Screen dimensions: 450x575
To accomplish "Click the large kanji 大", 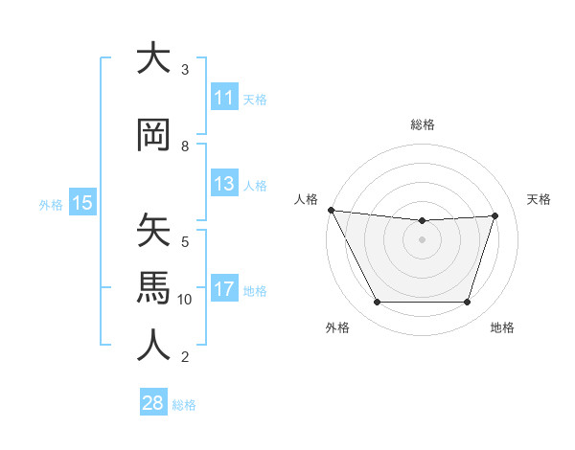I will tap(154, 58).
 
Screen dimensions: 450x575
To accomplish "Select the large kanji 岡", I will tap(154, 135).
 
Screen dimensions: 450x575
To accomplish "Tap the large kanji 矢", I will tap(154, 231).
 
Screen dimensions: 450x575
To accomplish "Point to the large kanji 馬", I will tap(154, 288).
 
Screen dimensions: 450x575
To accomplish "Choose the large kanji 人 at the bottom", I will tap(154, 346).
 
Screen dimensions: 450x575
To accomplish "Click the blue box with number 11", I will tap(223, 98).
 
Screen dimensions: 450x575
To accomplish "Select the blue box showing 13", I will tap(223, 184).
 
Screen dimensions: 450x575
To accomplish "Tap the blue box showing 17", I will tap(223, 289).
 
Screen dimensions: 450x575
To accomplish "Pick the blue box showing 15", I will tap(81, 202).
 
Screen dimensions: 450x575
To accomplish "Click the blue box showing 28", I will tap(153, 403).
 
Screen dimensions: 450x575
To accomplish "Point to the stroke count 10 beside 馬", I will tap(185, 300).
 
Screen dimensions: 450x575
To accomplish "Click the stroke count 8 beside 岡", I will tap(185, 146).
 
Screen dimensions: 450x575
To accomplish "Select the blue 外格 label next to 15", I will tap(51, 204).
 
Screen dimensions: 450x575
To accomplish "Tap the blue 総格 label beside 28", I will tap(184, 405).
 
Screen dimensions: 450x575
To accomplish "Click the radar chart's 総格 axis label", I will tap(422, 125).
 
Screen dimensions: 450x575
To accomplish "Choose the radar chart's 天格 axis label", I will tap(540, 199).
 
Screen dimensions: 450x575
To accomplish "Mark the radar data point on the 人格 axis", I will tap(331, 210).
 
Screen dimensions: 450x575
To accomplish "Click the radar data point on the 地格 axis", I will tap(467, 303).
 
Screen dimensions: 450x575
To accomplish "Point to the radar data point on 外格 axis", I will tap(377, 303).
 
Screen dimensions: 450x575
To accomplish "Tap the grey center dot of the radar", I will tap(422, 239).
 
